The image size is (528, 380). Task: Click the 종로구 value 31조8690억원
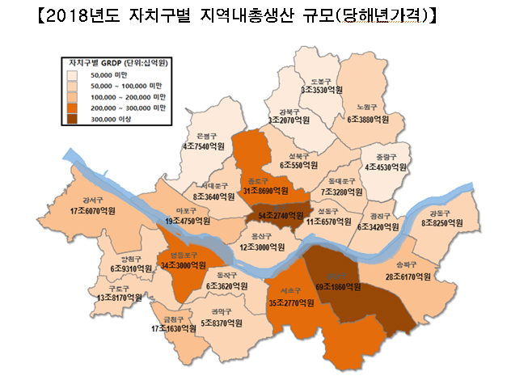pyautogui.click(x=265, y=192)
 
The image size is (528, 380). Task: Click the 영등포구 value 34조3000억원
pyautogui.click(x=186, y=264)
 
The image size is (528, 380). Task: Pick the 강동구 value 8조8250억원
pyautogui.click(x=441, y=223)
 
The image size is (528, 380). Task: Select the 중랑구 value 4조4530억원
pyautogui.click(x=385, y=167)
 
